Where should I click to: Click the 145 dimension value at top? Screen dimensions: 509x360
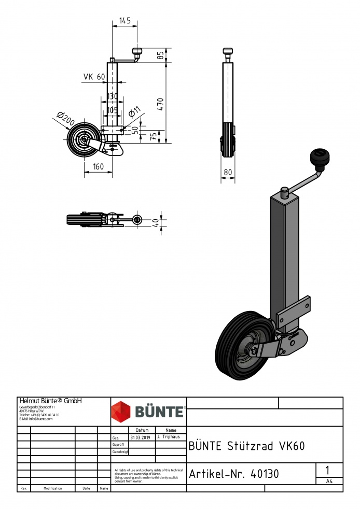(124, 21)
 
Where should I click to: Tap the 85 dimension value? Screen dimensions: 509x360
(161, 54)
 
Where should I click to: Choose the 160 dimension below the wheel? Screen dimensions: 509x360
(98, 166)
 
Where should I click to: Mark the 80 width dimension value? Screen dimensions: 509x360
(228, 173)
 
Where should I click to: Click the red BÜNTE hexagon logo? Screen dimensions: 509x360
(121, 412)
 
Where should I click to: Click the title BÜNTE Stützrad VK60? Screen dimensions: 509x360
(246, 446)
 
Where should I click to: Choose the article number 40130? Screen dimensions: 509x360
(234, 474)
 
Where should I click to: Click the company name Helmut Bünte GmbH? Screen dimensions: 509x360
(51, 401)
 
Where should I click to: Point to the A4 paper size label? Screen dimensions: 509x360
(329, 482)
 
